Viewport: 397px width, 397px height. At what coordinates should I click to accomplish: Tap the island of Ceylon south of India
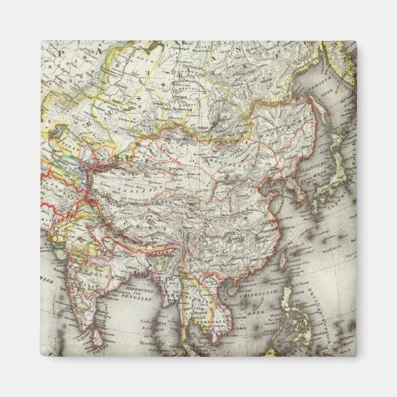tap(97, 336)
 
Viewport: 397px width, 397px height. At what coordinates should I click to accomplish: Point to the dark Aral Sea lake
tap(60, 131)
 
